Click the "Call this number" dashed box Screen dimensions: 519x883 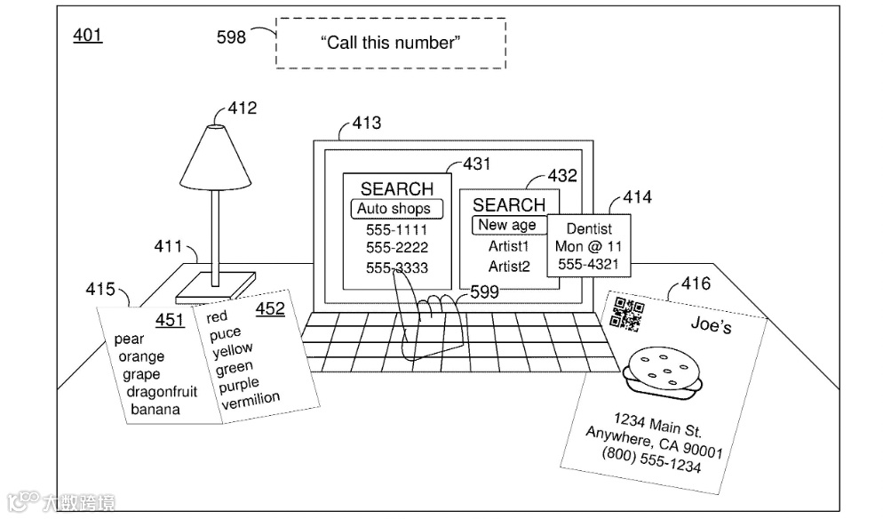[390, 42]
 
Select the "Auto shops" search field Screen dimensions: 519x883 [394, 209]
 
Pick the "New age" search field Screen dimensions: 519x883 [507, 225]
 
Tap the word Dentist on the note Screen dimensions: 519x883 [589, 228]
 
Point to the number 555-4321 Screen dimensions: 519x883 [588, 264]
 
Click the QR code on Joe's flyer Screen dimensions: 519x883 [627, 314]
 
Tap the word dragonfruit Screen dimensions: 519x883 [162, 392]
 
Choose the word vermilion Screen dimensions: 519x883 [251, 401]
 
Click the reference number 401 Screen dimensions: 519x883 [87, 36]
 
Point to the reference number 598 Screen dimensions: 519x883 [231, 36]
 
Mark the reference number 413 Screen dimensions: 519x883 [367, 123]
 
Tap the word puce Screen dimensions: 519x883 [225, 333]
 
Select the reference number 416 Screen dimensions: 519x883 [696, 283]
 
